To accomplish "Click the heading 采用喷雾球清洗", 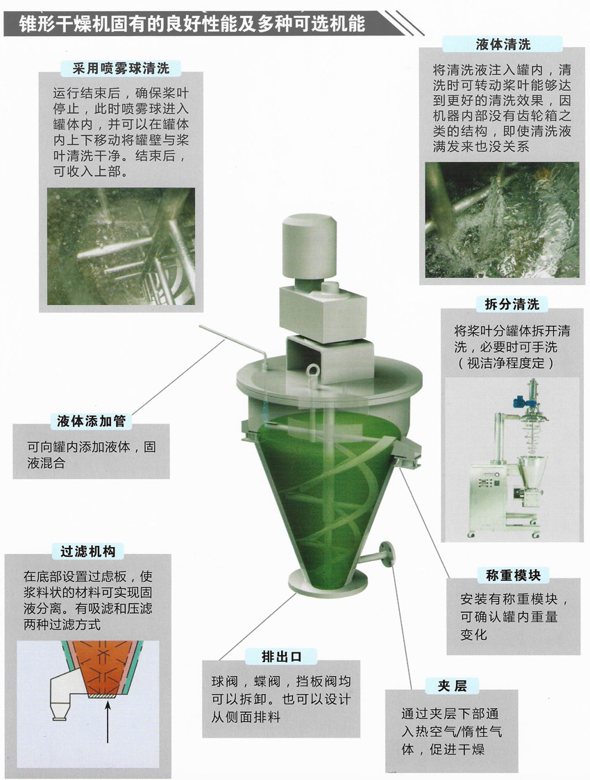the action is coord(121,68).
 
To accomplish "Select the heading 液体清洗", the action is coord(503,44).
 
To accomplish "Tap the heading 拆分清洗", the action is coord(512,304).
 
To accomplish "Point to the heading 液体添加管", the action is coord(91,422).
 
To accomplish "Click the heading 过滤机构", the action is coord(87,551).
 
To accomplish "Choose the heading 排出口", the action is coord(281,657).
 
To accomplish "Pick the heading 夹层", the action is coord(452,686).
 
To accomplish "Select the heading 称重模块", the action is coord(513,575).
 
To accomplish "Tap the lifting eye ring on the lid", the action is coord(314,372).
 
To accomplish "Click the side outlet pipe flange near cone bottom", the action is coord(387,554).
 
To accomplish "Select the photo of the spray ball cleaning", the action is coord(121,246).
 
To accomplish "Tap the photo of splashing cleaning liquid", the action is coord(502,220).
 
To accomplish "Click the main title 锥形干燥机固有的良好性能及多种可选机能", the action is coord(192,24).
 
